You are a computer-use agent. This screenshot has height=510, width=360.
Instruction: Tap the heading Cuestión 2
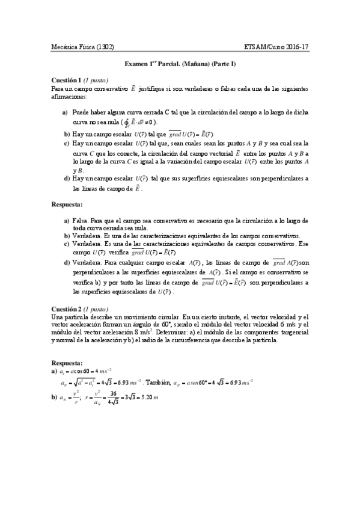point(66,308)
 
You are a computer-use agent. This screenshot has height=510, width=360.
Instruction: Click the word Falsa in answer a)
point(81,221)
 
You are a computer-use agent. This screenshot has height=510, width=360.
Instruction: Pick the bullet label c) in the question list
point(66,144)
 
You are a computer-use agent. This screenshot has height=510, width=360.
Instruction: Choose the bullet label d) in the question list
point(66,179)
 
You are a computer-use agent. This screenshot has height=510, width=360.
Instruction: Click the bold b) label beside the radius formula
point(54,398)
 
